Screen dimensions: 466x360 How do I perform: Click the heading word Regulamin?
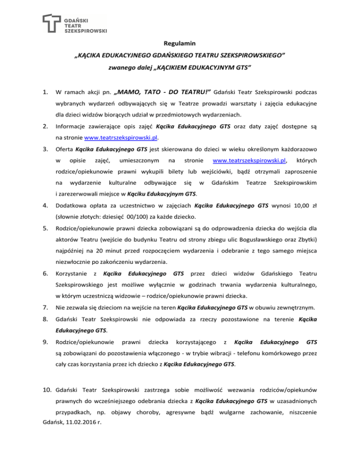pyautogui.click(x=180, y=44)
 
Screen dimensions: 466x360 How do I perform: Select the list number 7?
pyautogui.click(x=45, y=308)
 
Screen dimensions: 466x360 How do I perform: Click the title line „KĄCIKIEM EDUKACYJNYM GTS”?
pyautogui.click(x=180, y=68)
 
